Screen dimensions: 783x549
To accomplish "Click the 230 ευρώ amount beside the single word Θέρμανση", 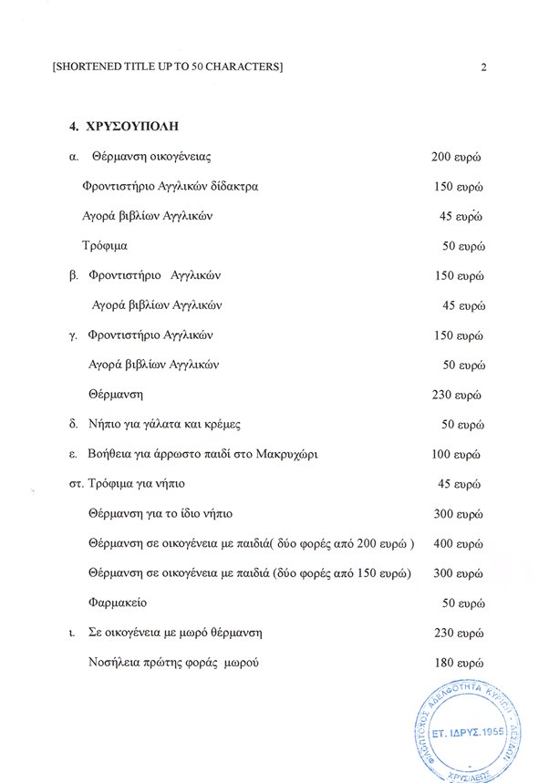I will click(x=456, y=395).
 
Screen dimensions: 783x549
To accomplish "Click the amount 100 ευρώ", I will click(x=456, y=454).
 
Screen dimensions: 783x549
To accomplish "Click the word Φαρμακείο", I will click(x=117, y=603).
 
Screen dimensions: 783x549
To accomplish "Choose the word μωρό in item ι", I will click(x=198, y=633).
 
